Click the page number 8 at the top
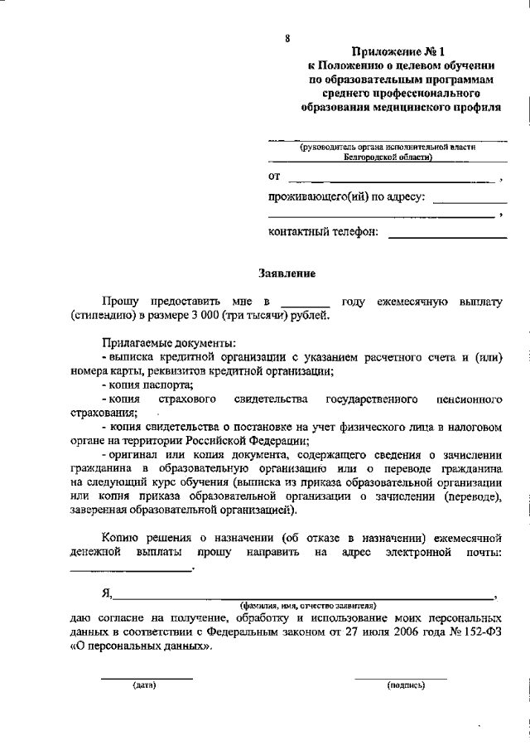click(287, 38)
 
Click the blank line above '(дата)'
click(146, 677)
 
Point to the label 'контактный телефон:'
click(324, 233)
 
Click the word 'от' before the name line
click(275, 176)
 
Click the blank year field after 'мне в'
click(305, 304)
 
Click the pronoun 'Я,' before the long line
click(107, 593)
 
